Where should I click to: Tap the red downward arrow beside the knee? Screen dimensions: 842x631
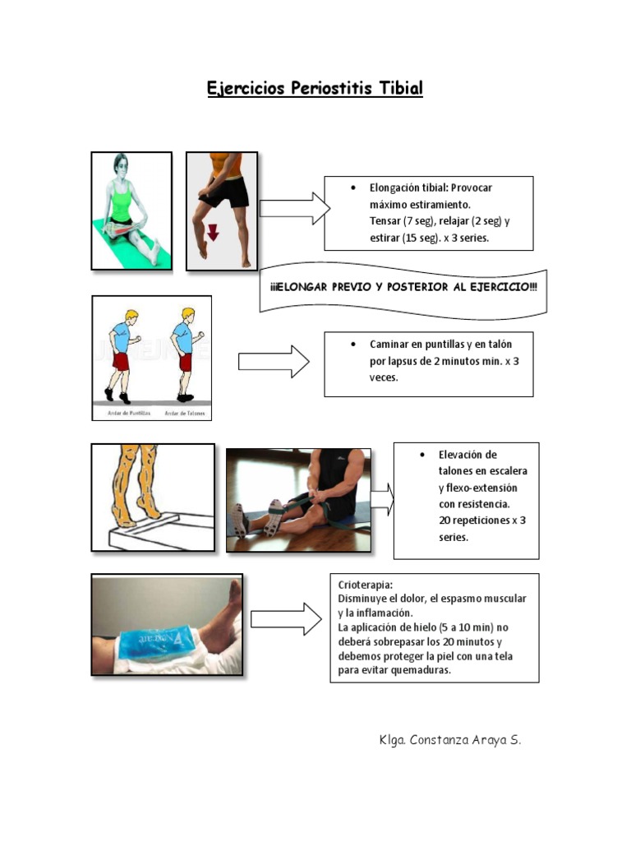tap(213, 232)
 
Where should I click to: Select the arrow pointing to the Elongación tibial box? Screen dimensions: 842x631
tap(294, 209)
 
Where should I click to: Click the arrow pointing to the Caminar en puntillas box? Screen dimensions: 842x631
tap(274, 362)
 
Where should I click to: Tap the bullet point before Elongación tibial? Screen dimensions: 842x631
tap(352, 187)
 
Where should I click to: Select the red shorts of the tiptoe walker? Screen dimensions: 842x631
tap(121, 362)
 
